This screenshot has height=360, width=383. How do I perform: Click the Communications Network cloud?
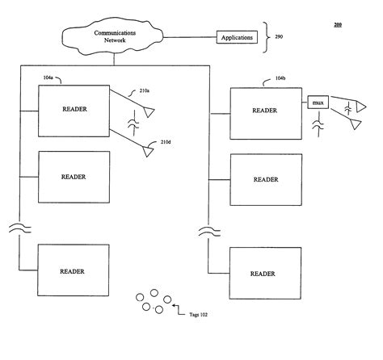pos(116,36)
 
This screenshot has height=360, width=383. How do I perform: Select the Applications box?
pos(237,37)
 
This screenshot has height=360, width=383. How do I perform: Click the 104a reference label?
pos(48,79)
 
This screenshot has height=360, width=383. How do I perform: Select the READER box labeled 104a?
pos(74,110)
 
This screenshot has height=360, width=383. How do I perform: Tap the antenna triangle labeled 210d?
pos(148,148)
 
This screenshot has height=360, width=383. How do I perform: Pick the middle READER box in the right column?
pos(265,179)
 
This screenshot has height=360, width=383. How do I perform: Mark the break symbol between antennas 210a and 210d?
pos(133,125)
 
